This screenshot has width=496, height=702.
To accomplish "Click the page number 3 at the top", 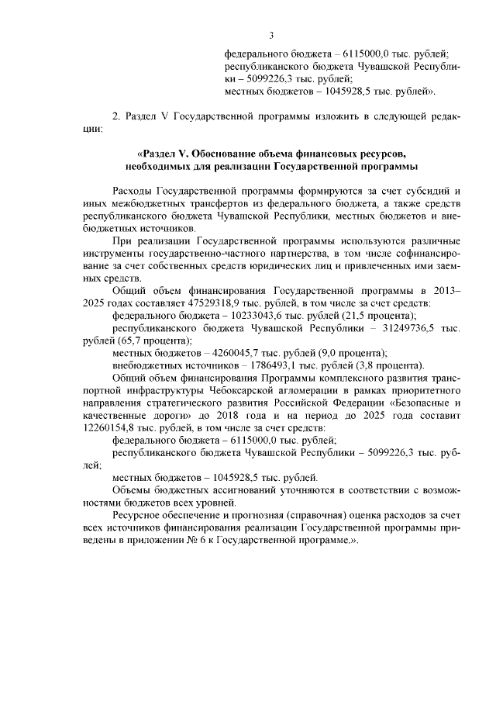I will pos(272,35).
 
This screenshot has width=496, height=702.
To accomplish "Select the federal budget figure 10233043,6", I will pos(226,316).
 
